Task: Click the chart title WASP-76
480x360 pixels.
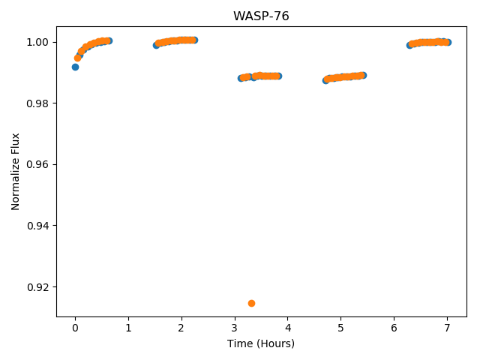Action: (261, 16)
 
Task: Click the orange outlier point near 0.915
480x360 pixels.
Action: (252, 303)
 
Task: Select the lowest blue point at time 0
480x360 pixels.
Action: (75, 67)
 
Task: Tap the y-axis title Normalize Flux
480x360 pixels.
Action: (15, 172)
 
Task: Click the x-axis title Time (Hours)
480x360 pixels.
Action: (261, 343)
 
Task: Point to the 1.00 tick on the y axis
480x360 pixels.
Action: (37, 42)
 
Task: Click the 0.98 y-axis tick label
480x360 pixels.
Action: (37, 103)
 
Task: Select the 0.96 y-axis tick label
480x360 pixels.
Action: (37, 164)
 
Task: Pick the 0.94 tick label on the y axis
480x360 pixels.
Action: (37, 226)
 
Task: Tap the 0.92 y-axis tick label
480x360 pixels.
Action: (37, 286)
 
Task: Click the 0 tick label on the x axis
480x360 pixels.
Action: (75, 328)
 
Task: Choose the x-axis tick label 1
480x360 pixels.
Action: (128, 328)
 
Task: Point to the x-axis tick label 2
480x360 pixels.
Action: (181, 328)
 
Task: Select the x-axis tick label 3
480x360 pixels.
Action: (235, 328)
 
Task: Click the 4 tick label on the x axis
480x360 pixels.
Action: (288, 328)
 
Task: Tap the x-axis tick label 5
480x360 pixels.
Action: (341, 328)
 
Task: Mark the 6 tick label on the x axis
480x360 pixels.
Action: (394, 328)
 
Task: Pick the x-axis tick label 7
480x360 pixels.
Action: (447, 328)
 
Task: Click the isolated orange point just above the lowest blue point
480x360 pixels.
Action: (78, 58)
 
